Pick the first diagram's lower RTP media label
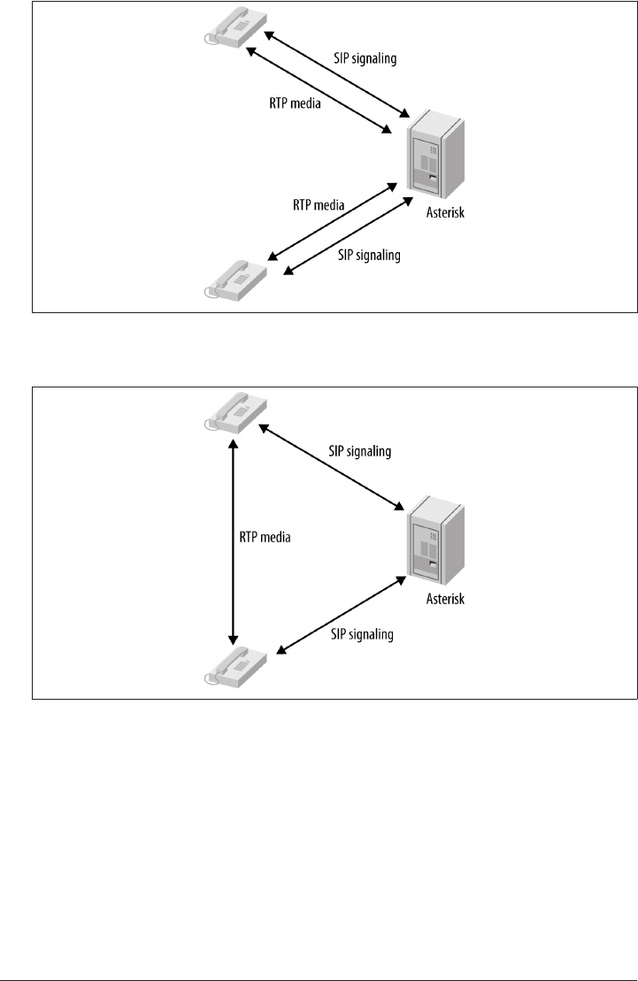coord(319,203)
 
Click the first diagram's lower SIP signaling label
coord(370,256)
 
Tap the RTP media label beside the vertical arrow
coord(265,536)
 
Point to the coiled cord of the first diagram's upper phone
coord(209,37)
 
